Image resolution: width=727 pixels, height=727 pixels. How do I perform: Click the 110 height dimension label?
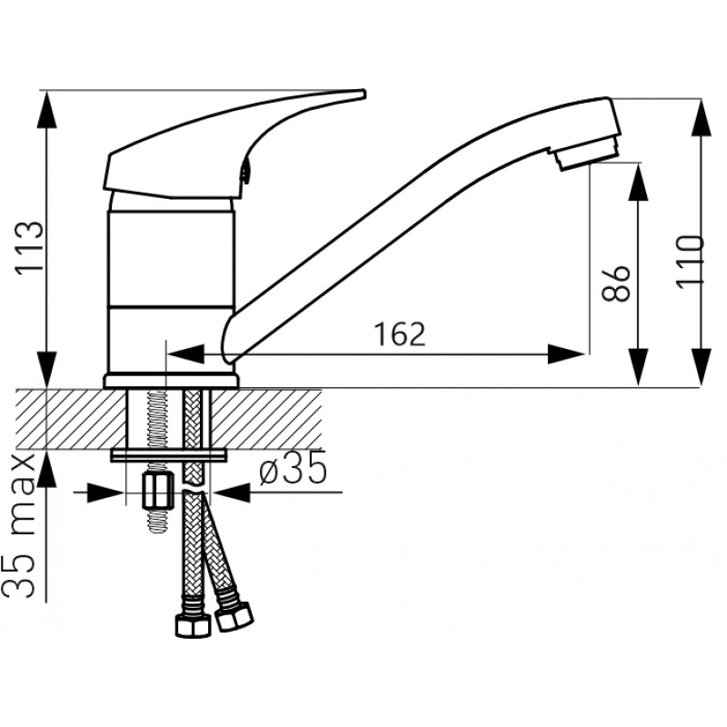pos(690,262)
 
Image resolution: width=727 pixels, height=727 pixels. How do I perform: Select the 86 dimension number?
pos(616,284)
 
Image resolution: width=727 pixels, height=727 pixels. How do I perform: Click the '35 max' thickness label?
pos(20,525)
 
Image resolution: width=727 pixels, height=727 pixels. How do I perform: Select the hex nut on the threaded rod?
pos(158,490)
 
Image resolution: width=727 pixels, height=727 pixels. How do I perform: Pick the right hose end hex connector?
pos(234,616)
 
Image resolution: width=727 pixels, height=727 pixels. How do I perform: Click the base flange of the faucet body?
pos(171,381)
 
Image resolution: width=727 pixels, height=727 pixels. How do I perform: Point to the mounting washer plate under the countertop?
pos(169,455)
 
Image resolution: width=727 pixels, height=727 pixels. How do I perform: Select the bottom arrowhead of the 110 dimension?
pos(701,368)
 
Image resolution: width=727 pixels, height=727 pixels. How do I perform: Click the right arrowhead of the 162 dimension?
pos(565,354)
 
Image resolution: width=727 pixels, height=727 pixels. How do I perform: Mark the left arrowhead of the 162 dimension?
pos(184,354)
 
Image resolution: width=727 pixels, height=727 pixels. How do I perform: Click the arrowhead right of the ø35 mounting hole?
pos(231,493)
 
